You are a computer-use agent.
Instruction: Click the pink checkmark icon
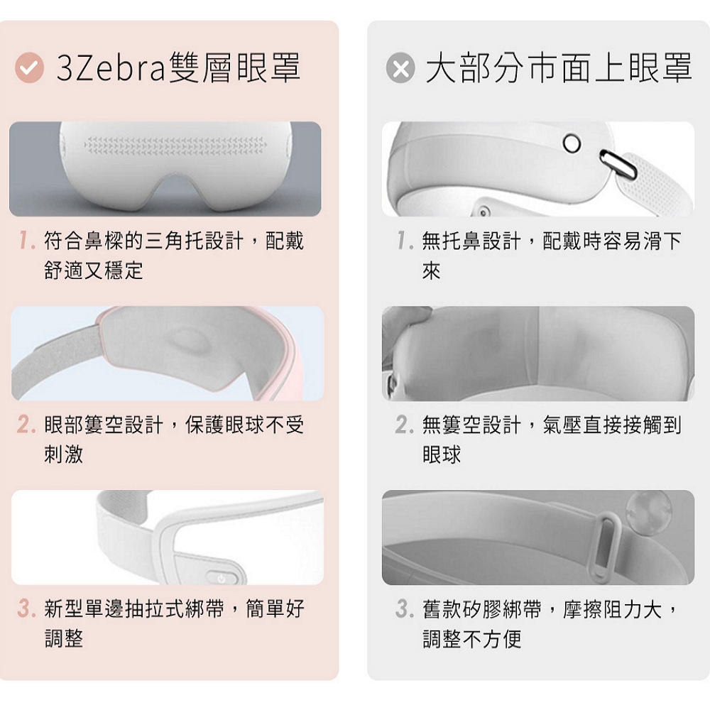[x=29, y=68]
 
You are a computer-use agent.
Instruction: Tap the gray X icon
[x=400, y=68]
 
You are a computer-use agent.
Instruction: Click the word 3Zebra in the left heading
[x=110, y=68]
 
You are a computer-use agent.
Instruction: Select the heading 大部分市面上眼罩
[x=559, y=68]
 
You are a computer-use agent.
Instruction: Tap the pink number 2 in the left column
[x=26, y=425]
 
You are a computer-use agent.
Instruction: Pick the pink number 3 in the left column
[x=26, y=608]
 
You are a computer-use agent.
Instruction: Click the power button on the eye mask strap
[x=221, y=578]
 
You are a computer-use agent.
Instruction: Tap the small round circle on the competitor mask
[x=572, y=143]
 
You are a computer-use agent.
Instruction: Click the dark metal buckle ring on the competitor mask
[x=618, y=165]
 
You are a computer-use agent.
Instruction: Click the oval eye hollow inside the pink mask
[x=190, y=341]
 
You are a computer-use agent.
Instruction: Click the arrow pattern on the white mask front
[x=175, y=144]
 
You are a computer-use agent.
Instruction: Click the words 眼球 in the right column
[x=442, y=454]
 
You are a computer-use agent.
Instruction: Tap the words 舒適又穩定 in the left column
[x=94, y=271]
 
